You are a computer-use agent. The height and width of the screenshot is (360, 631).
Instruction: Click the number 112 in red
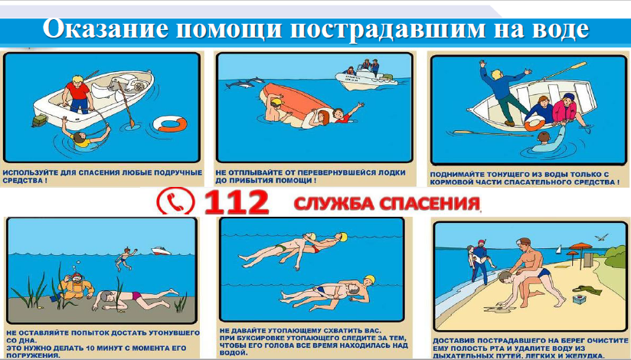click(x=236, y=202)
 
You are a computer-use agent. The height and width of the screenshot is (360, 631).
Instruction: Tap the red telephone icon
click(x=176, y=201)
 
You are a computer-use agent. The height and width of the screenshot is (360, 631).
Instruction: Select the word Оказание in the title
click(x=106, y=29)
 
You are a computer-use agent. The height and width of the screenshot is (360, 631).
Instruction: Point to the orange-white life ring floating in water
click(x=172, y=123)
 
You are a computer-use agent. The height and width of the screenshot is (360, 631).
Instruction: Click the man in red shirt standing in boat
click(x=77, y=94)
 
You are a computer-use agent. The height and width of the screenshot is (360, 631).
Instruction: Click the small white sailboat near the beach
click(x=558, y=250)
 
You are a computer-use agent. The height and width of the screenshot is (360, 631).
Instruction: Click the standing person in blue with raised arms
click(x=502, y=92)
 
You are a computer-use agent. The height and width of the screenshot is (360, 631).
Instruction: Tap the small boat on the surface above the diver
click(x=161, y=251)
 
